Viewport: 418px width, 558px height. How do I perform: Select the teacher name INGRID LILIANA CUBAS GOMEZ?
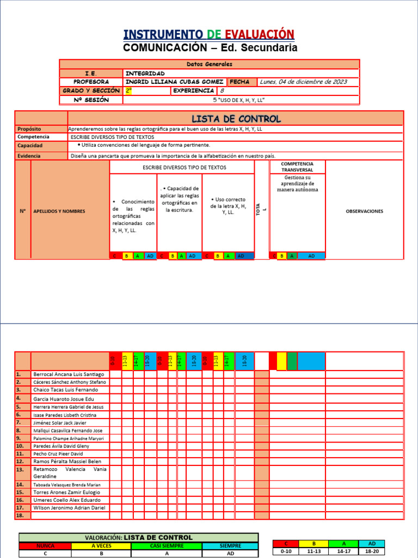click(x=174, y=82)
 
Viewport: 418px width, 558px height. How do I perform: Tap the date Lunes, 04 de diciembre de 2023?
click(x=303, y=82)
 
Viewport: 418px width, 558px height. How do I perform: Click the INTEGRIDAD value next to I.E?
click(x=145, y=73)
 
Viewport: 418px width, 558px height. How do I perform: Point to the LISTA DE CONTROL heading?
click(x=236, y=119)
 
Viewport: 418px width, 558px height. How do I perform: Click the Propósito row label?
click(x=29, y=129)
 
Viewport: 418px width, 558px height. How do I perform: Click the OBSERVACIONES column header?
click(x=364, y=211)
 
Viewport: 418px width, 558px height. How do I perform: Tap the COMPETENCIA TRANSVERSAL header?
click(x=297, y=166)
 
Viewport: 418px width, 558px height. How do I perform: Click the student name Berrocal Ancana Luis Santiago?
click(x=68, y=374)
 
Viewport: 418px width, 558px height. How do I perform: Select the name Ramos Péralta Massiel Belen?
click(x=67, y=461)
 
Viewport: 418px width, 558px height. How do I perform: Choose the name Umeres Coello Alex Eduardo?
click(x=66, y=500)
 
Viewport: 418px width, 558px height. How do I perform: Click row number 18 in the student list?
click(x=20, y=515)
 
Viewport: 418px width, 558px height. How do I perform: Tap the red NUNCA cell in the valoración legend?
click(x=45, y=545)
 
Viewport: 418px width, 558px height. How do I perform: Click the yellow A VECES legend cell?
click(x=101, y=545)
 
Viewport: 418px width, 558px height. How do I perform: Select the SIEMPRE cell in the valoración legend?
click(x=230, y=545)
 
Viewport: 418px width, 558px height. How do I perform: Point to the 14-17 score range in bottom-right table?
click(x=343, y=551)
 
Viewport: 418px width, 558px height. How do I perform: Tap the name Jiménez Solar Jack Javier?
click(x=59, y=422)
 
